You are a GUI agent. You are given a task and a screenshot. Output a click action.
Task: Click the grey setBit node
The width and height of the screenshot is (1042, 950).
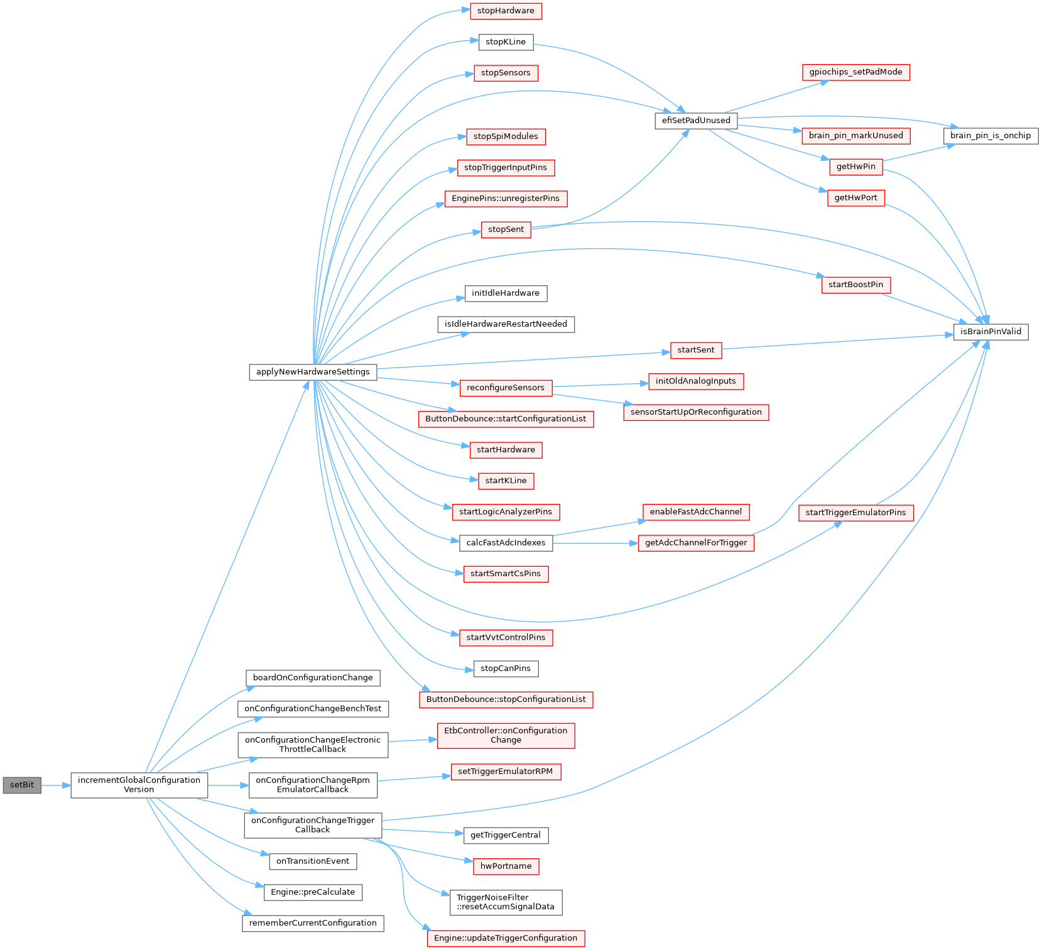[x=22, y=785]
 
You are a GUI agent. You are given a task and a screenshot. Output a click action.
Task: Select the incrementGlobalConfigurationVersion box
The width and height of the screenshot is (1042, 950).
[x=139, y=785]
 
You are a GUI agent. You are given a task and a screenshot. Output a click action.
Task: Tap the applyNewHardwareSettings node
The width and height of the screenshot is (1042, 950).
[x=313, y=371]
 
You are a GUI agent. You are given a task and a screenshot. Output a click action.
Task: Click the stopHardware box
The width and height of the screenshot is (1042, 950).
[x=506, y=11]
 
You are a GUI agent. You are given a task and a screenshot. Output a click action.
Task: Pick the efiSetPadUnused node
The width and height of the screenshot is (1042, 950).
[x=696, y=121]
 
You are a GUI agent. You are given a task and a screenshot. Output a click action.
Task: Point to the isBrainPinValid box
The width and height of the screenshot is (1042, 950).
[x=990, y=332]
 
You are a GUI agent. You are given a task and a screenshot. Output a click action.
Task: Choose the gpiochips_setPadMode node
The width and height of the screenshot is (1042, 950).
[x=855, y=72]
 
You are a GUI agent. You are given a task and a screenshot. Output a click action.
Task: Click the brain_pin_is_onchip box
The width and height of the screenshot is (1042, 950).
[x=990, y=136]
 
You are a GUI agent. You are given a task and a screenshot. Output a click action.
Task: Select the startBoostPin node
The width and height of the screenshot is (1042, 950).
[x=855, y=285]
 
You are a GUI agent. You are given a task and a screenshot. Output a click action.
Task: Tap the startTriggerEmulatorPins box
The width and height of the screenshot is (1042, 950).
[x=855, y=513]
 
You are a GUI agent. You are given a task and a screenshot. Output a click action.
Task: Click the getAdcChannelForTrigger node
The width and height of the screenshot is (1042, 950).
[x=696, y=543]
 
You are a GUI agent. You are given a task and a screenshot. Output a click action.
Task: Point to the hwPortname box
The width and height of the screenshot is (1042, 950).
[x=506, y=866]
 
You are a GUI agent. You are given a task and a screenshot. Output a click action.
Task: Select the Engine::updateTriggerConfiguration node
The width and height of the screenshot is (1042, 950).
[x=506, y=938]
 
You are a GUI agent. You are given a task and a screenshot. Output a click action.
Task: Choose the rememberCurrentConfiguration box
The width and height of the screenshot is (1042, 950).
[x=313, y=923]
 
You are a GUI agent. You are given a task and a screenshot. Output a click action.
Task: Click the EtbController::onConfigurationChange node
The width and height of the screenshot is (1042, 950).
[x=506, y=736]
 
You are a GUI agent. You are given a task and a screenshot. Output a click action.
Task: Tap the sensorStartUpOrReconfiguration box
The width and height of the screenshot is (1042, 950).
[x=696, y=412]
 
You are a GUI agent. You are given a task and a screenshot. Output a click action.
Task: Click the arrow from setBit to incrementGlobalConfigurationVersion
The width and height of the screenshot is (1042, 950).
[x=56, y=785]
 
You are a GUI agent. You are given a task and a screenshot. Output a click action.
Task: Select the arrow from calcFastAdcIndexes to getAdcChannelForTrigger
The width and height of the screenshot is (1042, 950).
[x=595, y=543]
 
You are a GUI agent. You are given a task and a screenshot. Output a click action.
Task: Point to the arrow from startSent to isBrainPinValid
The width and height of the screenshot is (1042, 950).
[x=838, y=342]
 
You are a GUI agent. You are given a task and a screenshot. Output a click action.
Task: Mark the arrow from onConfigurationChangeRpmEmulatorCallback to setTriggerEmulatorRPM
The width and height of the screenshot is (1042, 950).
[x=414, y=779]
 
